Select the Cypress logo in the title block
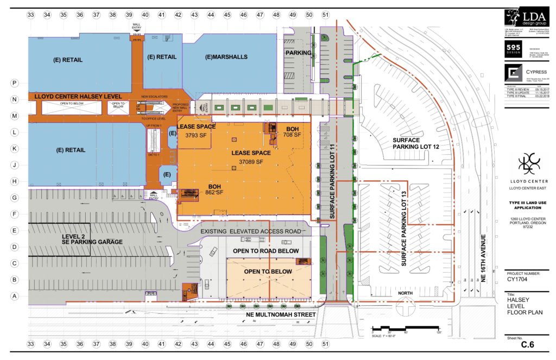tap(512, 74)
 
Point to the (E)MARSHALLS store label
tap(226, 57)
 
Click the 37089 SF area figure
tap(250, 162)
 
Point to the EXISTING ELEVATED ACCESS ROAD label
tap(251, 232)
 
